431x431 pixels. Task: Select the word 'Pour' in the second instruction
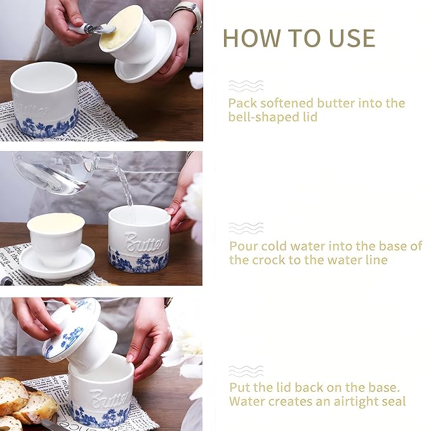(x=243, y=246)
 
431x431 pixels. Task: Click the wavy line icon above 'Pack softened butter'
(x=245, y=86)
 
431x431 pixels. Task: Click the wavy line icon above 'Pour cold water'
(x=245, y=228)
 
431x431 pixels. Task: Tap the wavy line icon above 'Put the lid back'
(x=245, y=371)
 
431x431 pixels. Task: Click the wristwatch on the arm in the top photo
(x=189, y=14)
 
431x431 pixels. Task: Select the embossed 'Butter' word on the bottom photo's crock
(x=110, y=399)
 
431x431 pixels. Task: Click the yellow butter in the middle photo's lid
(x=56, y=222)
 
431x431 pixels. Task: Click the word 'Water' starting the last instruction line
(x=248, y=401)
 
